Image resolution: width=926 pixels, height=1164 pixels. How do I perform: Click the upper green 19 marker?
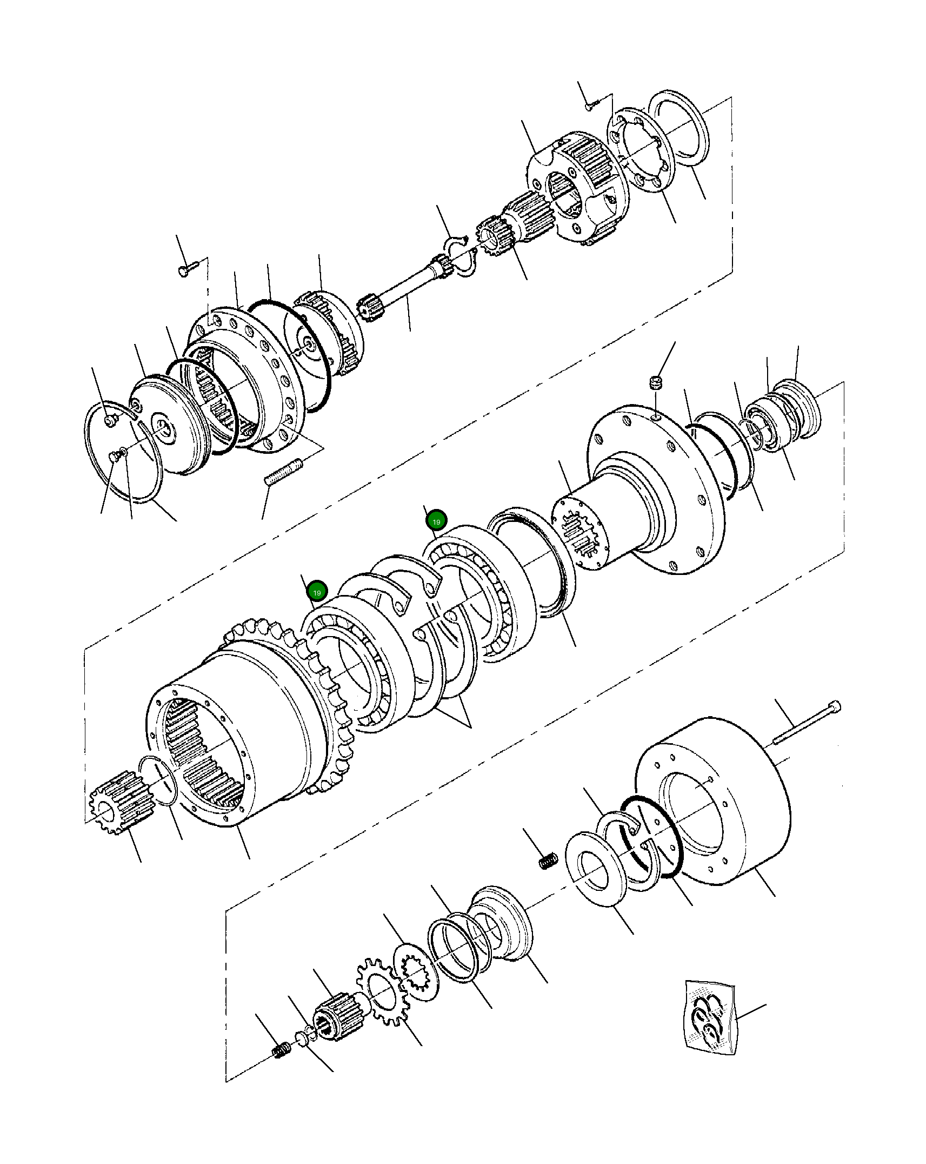click(x=436, y=521)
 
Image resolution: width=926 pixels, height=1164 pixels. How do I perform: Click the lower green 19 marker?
click(x=317, y=592)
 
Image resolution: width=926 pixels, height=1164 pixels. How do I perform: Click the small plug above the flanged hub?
click(x=655, y=384)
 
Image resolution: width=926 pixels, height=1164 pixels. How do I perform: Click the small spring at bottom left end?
click(x=281, y=1050)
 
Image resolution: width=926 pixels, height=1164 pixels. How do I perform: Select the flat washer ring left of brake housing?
click(x=595, y=869)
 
